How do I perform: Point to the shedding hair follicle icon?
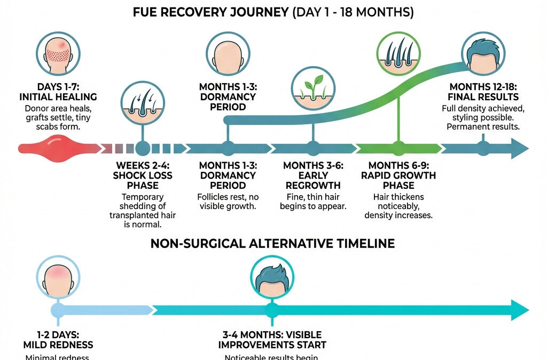142,102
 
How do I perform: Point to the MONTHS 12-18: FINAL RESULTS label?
484,92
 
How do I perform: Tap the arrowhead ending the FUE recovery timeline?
518,148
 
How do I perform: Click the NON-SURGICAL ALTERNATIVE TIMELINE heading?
272,244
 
